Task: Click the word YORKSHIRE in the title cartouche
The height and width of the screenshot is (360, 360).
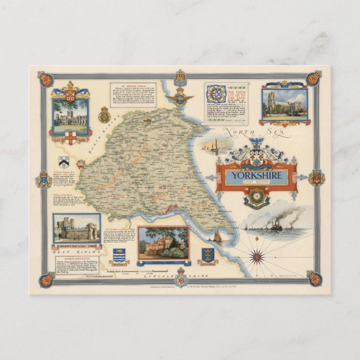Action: (256, 174)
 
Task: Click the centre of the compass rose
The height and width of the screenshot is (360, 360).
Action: (258, 257)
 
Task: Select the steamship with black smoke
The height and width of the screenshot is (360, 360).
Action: (276, 226)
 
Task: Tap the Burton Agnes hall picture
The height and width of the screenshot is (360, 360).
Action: (164, 241)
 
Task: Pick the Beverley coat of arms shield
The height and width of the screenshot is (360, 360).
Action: (120, 255)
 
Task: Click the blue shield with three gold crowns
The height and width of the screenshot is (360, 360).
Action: (208, 255)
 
